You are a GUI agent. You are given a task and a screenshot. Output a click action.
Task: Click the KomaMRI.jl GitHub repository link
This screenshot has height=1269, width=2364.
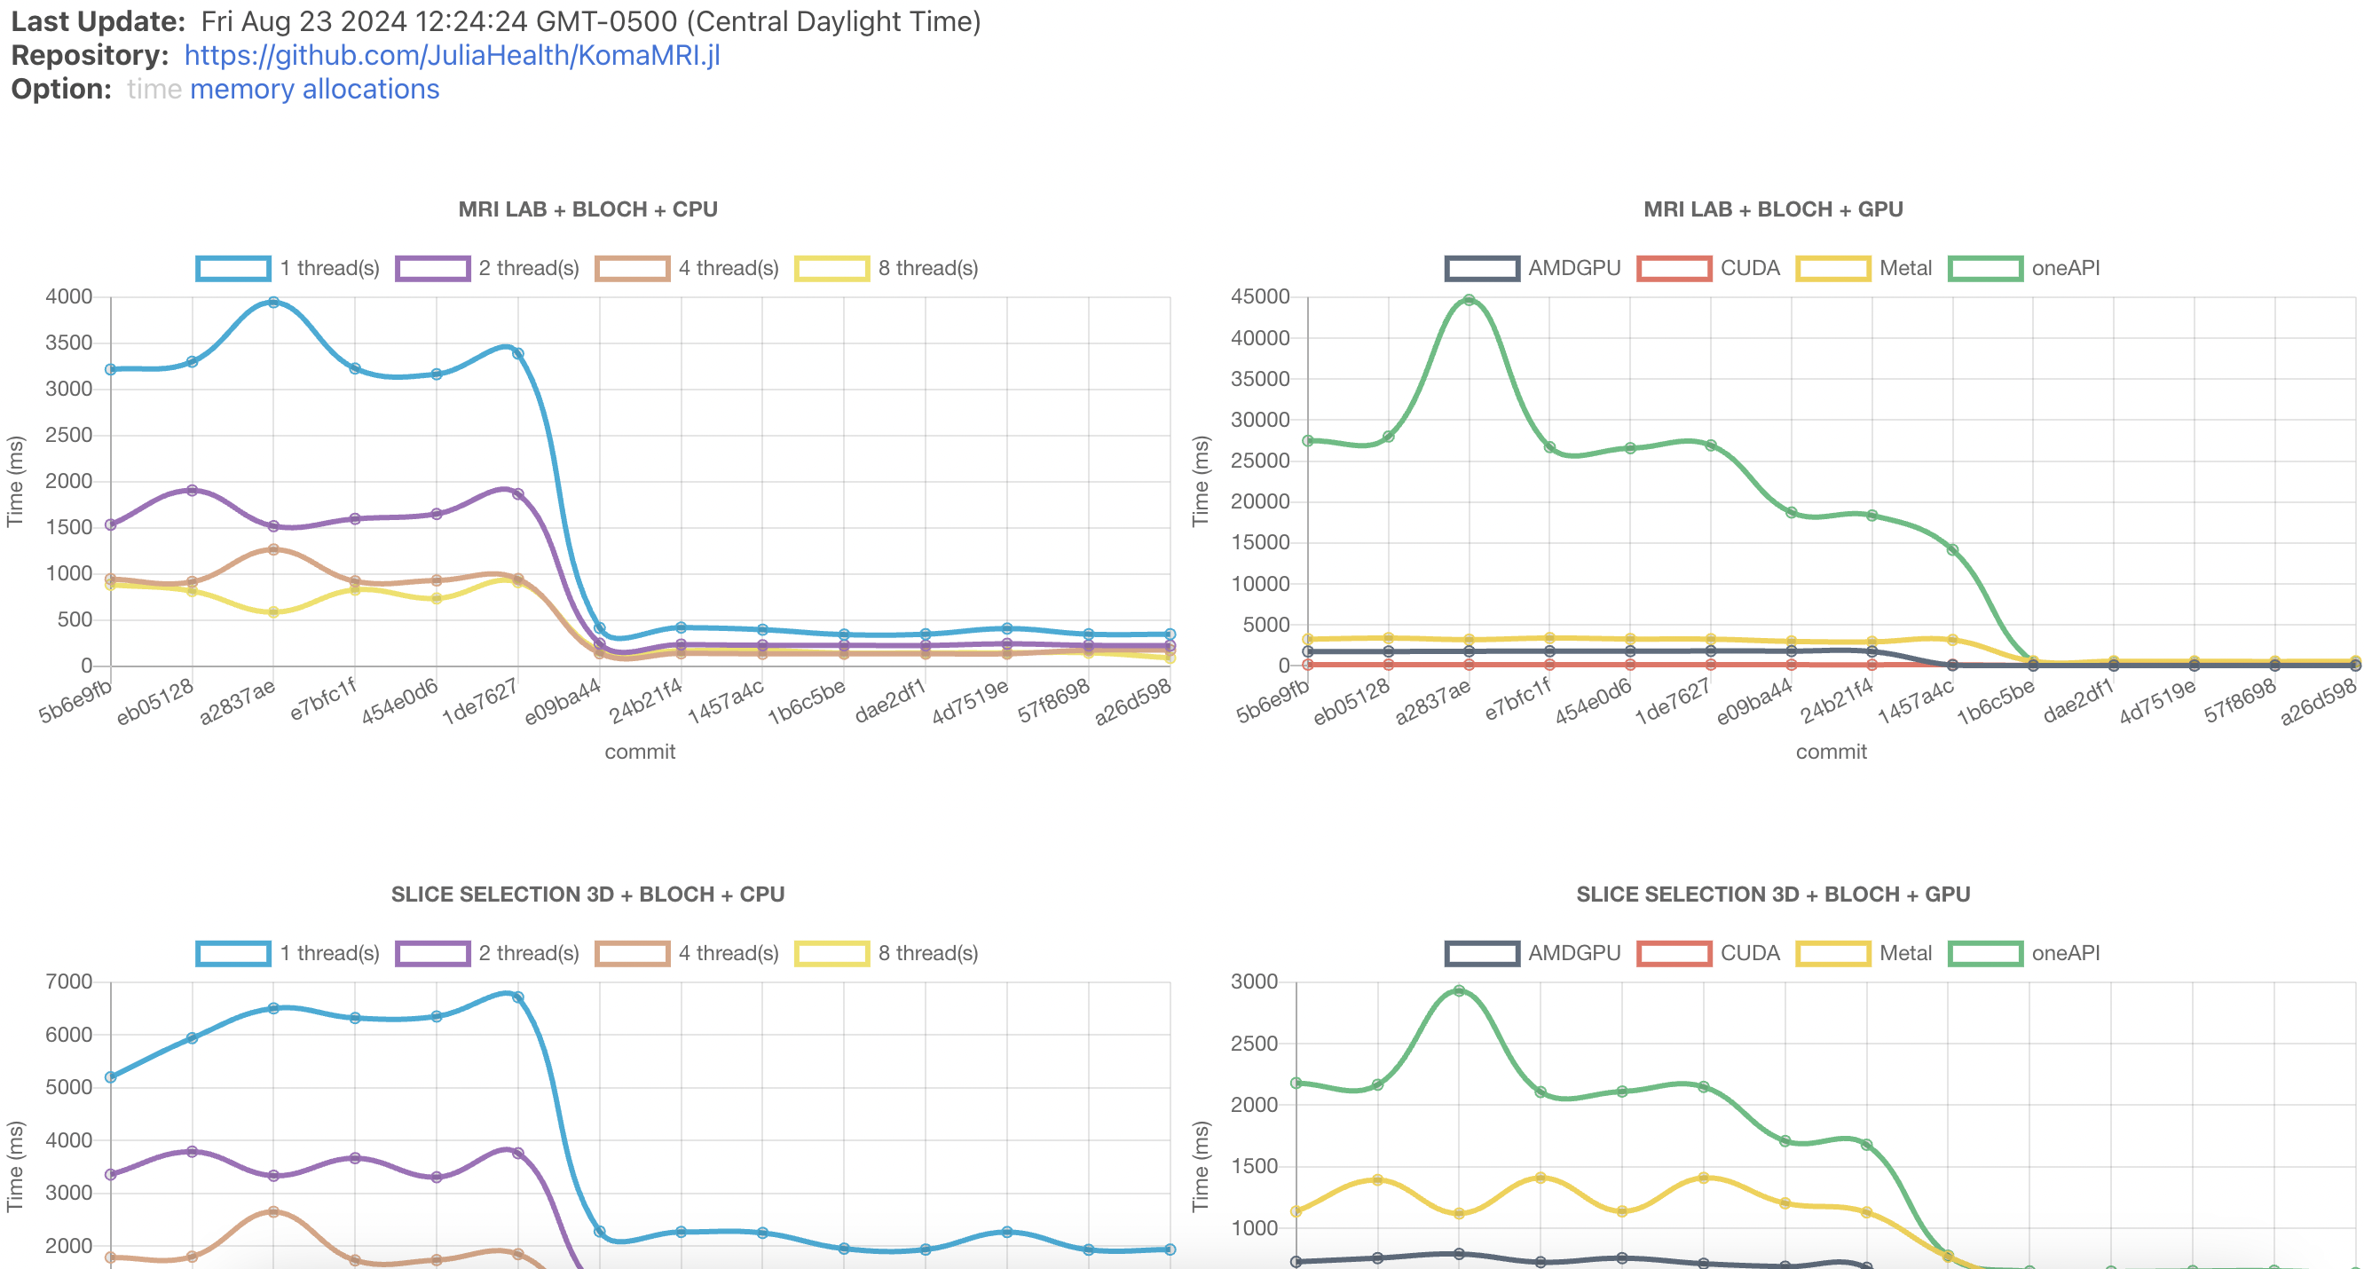pyautogui.click(x=452, y=55)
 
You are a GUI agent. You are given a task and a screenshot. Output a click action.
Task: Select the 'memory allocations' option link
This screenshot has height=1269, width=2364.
pyautogui.click(x=314, y=89)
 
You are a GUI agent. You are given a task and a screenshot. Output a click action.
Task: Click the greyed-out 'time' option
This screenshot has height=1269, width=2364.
pyautogui.click(x=154, y=89)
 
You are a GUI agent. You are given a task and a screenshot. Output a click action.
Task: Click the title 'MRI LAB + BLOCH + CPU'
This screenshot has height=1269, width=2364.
pyautogui.click(x=587, y=209)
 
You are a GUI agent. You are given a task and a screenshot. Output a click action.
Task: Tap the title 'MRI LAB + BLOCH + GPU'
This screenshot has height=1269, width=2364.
pyautogui.click(x=1772, y=209)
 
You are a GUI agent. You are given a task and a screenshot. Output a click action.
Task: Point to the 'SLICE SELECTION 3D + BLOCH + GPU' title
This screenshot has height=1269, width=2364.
pyautogui.click(x=1772, y=894)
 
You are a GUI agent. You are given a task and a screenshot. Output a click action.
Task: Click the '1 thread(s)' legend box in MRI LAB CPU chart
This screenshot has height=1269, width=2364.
pyautogui.click(x=233, y=268)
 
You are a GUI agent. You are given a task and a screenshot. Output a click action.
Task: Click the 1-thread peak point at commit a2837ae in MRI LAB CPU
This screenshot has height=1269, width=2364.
pyautogui.click(x=273, y=302)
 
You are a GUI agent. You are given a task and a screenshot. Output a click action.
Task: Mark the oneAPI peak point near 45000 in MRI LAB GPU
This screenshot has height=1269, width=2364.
pyautogui.click(x=1469, y=300)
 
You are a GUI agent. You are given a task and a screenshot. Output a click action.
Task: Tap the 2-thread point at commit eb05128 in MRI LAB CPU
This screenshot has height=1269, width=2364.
pyautogui.click(x=192, y=490)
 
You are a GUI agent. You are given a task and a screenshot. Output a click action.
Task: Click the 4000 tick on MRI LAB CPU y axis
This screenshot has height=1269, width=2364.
pyautogui.click(x=69, y=296)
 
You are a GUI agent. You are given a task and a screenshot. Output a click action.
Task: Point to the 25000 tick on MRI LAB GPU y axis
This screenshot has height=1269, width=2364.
pyautogui.click(x=1259, y=461)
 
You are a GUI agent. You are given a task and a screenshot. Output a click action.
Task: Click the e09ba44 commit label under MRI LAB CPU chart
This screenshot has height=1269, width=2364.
pyautogui.click(x=563, y=701)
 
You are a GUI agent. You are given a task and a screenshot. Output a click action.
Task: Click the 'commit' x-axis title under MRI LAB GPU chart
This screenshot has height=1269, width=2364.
pyautogui.click(x=1831, y=752)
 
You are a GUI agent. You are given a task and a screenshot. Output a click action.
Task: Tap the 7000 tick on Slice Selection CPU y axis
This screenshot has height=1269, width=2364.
pyautogui.click(x=69, y=981)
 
